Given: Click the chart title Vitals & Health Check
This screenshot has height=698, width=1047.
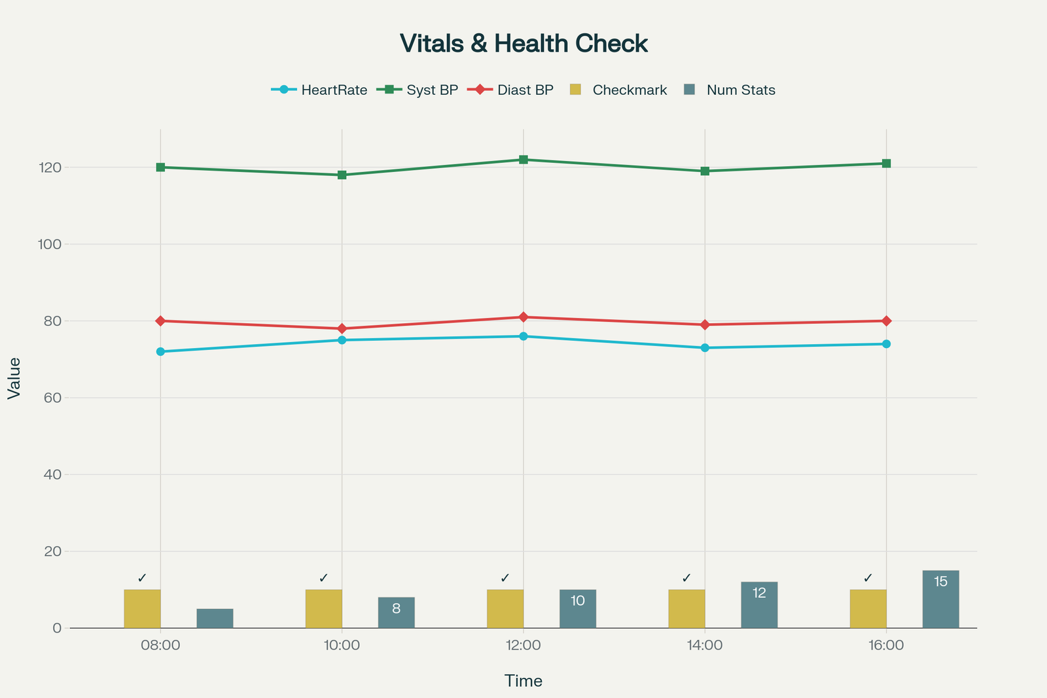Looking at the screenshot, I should pos(523,44).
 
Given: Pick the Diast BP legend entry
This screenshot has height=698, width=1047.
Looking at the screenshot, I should pos(510,90).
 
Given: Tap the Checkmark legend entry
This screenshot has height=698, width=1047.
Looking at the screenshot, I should pos(618,90).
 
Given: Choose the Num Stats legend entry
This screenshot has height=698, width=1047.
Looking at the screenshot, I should pos(729,90).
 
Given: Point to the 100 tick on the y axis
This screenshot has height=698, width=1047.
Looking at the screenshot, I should pos(52,244).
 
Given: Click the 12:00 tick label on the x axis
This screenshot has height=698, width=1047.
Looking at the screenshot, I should pos(523,646).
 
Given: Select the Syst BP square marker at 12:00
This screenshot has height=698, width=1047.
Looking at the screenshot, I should pos(523,160).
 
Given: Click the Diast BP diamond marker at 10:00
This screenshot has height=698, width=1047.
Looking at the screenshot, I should pos(342,328).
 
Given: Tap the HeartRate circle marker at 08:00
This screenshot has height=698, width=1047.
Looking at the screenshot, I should pos(160,351).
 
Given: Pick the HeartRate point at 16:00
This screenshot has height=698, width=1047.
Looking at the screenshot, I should pos(886,344).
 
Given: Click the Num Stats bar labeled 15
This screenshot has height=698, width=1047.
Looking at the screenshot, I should pos(940,599).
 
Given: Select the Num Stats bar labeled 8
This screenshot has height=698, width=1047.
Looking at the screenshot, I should pos(396,612).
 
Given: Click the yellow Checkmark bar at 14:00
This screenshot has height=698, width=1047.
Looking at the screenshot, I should pos(686,608).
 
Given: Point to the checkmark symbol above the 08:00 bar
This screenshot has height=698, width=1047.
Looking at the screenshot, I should pos(142,578).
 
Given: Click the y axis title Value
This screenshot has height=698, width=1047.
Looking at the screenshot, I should pos(14,378).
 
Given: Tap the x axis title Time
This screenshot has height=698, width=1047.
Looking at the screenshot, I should pos(523,681).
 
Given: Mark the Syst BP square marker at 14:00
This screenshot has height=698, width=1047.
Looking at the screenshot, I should pos(705,171).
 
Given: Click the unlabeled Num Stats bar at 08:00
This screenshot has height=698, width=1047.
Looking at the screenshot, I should pos(215,618).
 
